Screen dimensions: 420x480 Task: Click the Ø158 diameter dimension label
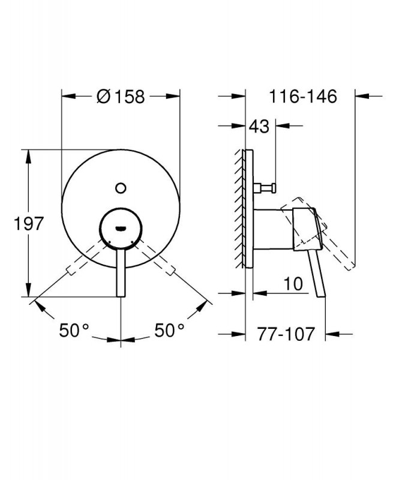121,97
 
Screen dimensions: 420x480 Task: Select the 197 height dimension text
29,223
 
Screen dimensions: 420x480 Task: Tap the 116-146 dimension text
303,97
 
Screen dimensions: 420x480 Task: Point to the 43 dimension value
259,126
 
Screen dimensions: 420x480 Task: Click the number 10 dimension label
293,284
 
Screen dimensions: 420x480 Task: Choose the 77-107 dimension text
286,334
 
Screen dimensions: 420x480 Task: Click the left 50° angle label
74,331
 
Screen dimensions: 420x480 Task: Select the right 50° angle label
170,331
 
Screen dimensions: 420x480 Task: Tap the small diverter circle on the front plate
121,188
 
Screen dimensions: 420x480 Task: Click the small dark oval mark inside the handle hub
121,228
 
